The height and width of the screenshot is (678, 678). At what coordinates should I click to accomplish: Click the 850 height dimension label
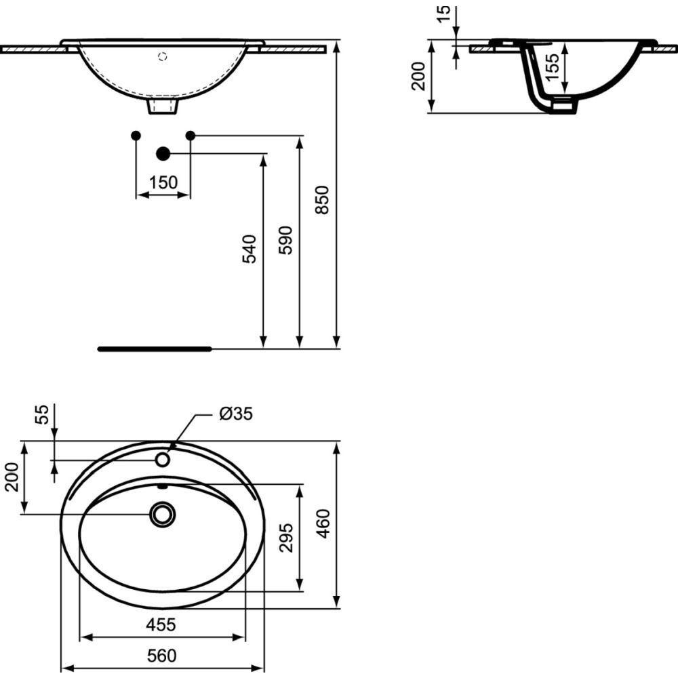pos(322,199)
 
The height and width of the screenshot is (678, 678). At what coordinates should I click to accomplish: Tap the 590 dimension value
pos(285,240)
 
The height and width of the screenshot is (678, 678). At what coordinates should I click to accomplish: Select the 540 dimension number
pos(250,249)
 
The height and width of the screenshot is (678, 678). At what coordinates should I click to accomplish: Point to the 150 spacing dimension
pos(163,182)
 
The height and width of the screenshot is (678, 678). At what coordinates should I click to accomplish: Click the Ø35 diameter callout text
pos(236,414)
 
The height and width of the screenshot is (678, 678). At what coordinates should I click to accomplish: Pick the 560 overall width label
pos(162,656)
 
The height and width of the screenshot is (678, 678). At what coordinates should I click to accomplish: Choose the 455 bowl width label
pos(161,625)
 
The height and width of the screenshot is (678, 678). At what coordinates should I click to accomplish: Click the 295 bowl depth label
pos(286,538)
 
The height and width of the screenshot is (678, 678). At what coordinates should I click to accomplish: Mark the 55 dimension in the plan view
pos(42,415)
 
